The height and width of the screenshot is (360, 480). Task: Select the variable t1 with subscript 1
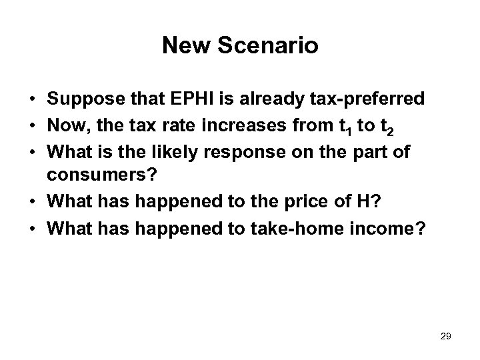click(344, 124)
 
